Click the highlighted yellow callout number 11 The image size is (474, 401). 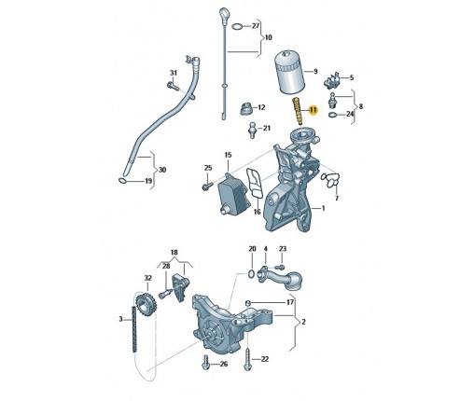(x=313, y=110)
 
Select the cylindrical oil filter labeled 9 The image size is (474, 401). (x=290, y=73)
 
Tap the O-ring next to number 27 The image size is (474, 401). (x=237, y=26)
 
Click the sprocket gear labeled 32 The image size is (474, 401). (x=146, y=305)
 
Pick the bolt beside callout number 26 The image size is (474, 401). (x=205, y=363)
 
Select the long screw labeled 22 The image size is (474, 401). (x=247, y=359)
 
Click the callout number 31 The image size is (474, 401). (x=174, y=73)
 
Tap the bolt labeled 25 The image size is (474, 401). (x=207, y=187)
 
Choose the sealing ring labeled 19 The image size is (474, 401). (x=122, y=181)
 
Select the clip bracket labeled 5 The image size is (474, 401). (x=332, y=80)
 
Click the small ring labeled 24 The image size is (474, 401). (x=332, y=115)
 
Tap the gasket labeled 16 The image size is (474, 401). (x=255, y=183)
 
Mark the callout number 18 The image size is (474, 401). (x=174, y=253)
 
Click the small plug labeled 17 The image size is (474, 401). (x=248, y=303)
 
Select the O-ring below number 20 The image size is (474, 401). (x=251, y=274)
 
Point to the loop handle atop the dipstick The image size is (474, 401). (x=225, y=15)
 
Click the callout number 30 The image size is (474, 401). (x=162, y=170)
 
